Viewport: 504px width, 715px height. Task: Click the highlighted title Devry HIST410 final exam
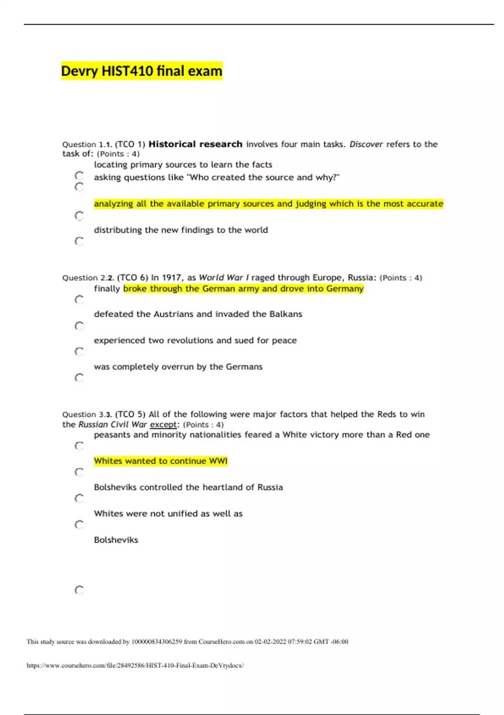pyautogui.click(x=142, y=71)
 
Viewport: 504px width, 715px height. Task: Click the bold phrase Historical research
pyautogui.click(x=195, y=144)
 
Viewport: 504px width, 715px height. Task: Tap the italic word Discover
pyautogui.click(x=366, y=144)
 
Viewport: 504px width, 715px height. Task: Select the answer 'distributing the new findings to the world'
pyautogui.click(x=181, y=230)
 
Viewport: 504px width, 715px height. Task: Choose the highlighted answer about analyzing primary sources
pyautogui.click(x=268, y=204)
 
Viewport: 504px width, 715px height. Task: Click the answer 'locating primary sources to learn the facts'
pyautogui.click(x=183, y=165)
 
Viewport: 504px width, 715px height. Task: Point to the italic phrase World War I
pyautogui.click(x=223, y=278)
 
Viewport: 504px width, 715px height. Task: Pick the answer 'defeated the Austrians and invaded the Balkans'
pyautogui.click(x=198, y=314)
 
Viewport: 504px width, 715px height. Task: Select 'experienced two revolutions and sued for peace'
pyautogui.click(x=195, y=340)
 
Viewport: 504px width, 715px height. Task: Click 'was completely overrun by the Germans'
pyautogui.click(x=178, y=367)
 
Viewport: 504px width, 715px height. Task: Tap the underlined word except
pyautogui.click(x=163, y=424)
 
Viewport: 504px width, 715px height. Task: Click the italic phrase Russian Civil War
pyautogui.click(x=113, y=424)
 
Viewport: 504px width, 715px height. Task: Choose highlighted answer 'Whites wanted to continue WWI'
pyautogui.click(x=160, y=461)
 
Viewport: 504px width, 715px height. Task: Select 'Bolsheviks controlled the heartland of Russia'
pyautogui.click(x=188, y=487)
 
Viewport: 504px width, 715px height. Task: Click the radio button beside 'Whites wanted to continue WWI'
pyautogui.click(x=79, y=472)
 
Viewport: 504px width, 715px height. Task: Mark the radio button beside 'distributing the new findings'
pyautogui.click(x=79, y=241)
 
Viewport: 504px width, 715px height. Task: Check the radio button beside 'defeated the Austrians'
pyautogui.click(x=79, y=326)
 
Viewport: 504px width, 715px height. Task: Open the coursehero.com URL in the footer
pyautogui.click(x=135, y=665)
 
